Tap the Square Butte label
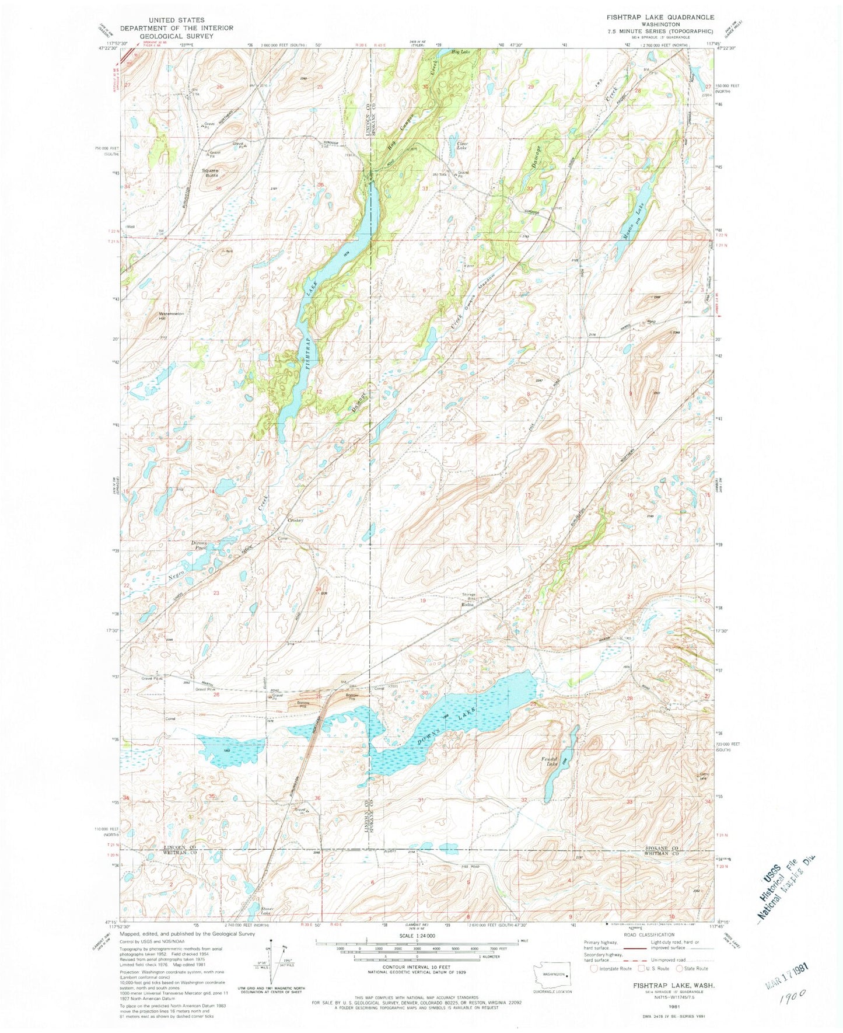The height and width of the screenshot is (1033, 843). click(210, 173)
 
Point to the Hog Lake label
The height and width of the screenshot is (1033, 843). click(460, 53)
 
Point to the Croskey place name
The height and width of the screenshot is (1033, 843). click(295, 521)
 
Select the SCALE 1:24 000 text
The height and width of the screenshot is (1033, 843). click(417, 936)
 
